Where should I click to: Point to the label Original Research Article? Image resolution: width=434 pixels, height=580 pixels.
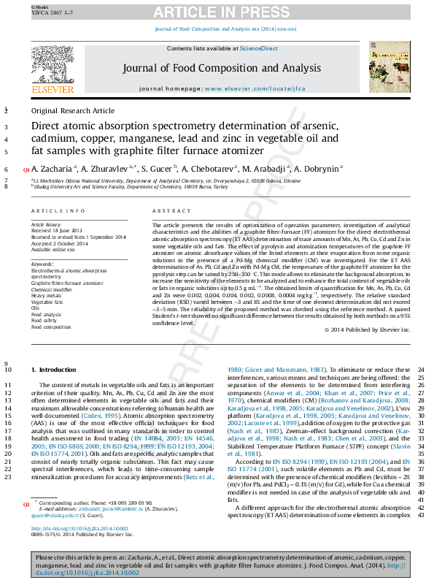click(73, 111)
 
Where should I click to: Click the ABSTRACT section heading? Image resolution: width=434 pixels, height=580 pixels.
click(166, 210)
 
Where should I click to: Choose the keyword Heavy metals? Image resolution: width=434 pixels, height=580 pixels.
click(47, 296)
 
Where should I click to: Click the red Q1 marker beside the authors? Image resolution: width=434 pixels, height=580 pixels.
click(26, 169)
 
